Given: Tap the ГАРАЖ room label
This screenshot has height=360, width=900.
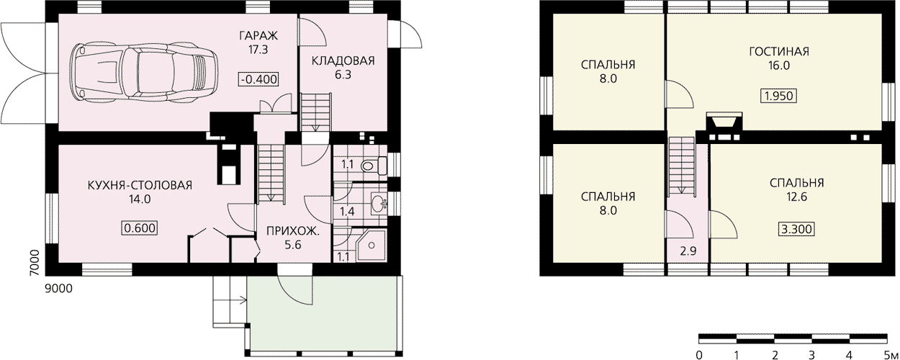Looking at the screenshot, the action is pos(258,36).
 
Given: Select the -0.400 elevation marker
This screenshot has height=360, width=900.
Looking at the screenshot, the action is pos(258,79).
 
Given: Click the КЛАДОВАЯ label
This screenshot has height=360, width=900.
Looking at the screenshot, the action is pos(343,61).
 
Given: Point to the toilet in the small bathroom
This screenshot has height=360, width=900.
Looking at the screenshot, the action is pos(374,166).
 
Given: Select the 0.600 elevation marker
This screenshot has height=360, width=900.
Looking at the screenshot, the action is pos(140,228).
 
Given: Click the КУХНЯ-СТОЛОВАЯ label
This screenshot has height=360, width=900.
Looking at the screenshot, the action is pos(140,186).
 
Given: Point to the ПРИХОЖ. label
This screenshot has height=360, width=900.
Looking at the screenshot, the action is pos(293,231).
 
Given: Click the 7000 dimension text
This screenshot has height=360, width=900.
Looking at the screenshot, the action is pos(36,263).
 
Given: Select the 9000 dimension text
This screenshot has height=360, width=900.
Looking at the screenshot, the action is pos(59,289).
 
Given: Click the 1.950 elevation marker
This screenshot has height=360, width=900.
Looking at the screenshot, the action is pos(778,96).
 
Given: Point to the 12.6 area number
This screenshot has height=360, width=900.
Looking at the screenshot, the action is pos(797,197).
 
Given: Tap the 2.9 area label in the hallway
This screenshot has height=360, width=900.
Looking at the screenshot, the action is pos(688,251).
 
